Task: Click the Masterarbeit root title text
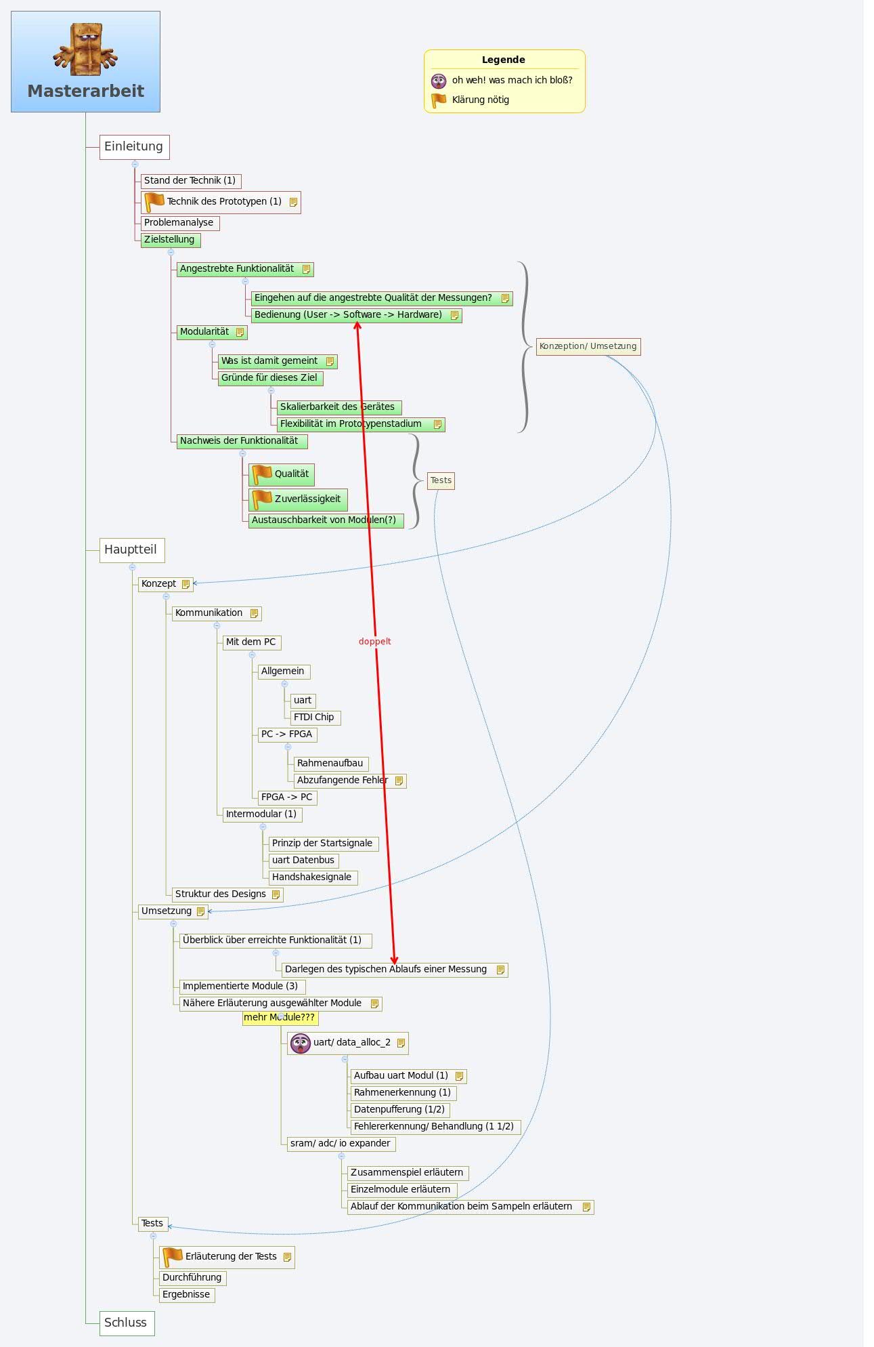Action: coord(86,91)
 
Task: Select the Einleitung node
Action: coord(134,147)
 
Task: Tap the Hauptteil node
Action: coord(131,550)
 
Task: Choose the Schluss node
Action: coord(126,1323)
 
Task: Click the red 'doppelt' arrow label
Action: coord(374,642)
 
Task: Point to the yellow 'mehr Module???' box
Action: coord(280,1018)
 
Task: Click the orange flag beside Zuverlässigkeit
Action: coord(261,499)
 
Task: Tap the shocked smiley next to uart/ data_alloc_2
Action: coord(300,1043)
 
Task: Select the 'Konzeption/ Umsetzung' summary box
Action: coord(588,346)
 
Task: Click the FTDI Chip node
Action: coord(315,718)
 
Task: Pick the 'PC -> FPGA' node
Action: coord(287,734)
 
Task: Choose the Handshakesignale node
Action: coord(312,877)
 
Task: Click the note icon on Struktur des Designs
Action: coord(276,894)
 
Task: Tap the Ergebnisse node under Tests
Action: coord(186,1295)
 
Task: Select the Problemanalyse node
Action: coord(179,223)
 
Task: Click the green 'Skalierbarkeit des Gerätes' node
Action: coord(338,407)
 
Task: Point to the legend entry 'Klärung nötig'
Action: coord(480,100)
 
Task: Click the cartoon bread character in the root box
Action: coord(85,49)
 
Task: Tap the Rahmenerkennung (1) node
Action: coord(402,1093)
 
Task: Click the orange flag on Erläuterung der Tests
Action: coord(173,1257)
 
